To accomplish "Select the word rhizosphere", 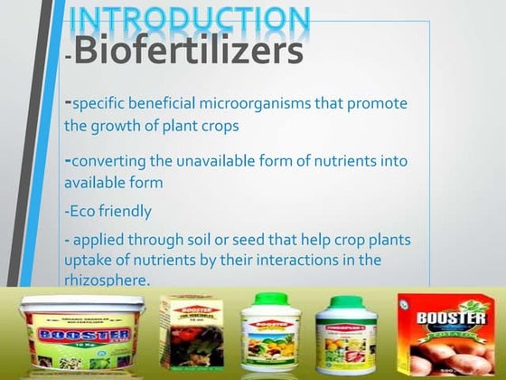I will (x=103, y=280).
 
